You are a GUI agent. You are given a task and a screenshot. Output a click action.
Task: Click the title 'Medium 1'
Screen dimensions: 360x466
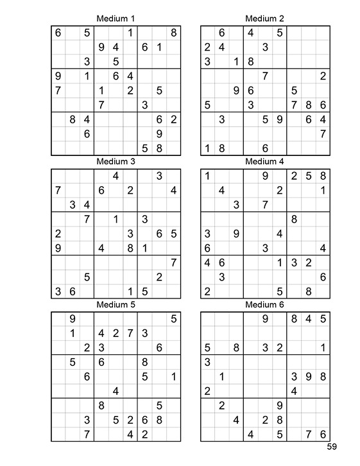(116, 19)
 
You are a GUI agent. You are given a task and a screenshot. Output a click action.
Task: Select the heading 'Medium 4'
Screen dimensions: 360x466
(264, 161)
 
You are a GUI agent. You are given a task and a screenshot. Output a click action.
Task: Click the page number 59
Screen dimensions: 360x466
(331, 447)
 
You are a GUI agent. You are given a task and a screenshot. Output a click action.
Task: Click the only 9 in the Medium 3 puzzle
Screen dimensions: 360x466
(58, 247)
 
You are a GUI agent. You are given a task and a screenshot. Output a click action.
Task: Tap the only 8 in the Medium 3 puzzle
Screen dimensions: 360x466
(130, 247)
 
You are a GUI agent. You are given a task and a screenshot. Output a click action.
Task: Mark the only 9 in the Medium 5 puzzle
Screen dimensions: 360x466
(73, 318)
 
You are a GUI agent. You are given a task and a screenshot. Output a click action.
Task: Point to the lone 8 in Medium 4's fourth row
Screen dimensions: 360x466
(294, 219)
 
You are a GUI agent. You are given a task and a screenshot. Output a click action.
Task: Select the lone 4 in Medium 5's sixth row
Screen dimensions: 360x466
(116, 390)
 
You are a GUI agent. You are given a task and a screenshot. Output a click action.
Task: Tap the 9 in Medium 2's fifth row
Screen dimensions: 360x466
(236, 90)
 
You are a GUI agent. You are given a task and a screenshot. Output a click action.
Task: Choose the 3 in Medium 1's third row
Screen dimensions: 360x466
(87, 62)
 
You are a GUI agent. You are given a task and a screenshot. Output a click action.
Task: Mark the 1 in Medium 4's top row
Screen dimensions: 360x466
(207, 176)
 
